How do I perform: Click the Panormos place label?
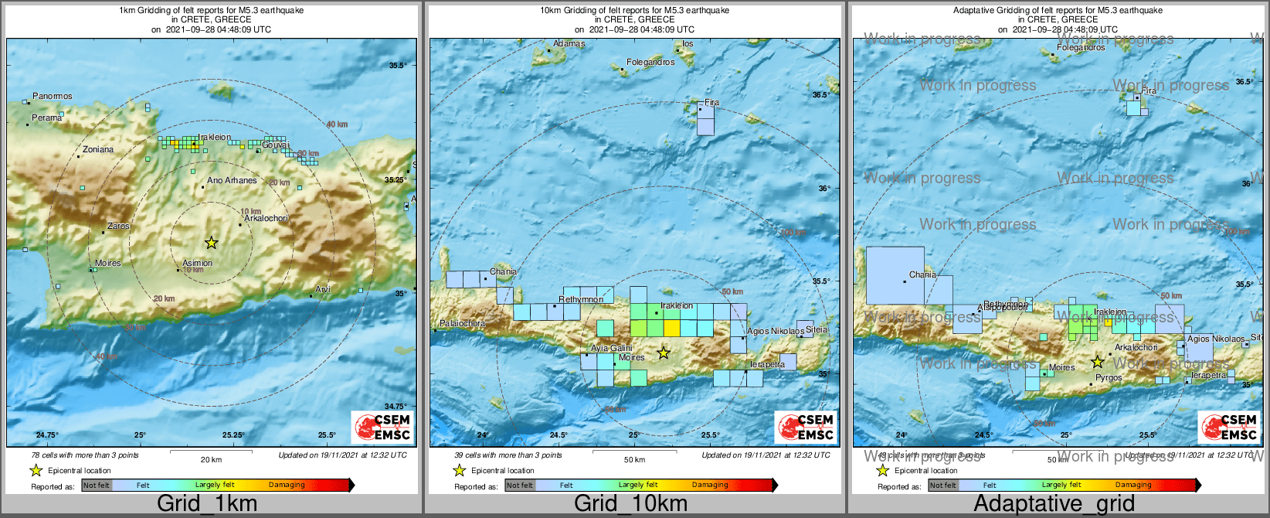53,97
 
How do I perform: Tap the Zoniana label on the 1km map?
98,150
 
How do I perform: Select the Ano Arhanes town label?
232,181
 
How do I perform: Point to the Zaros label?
118,227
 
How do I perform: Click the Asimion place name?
197,264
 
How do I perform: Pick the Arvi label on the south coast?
323,290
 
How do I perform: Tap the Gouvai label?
276,145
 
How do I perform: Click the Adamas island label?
569,44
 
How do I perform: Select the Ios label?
688,44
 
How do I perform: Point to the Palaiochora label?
463,324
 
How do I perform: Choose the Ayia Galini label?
612,349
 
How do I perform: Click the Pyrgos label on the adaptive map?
1109,378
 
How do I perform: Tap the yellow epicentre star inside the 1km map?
211,243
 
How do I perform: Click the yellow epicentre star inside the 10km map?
663,353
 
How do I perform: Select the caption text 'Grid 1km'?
207,504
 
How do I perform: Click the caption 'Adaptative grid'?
1054,504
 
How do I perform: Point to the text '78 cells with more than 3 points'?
85,455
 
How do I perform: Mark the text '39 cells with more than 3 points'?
508,455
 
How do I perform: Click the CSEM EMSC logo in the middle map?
806,427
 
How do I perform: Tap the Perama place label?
46,118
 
